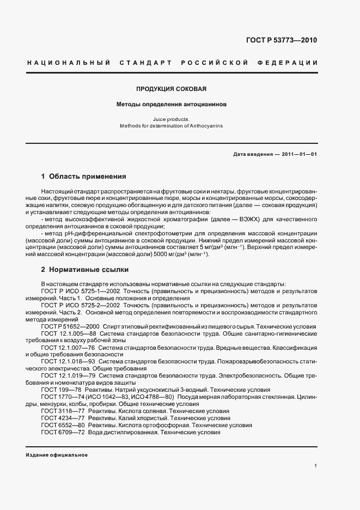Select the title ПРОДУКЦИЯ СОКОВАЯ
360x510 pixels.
pyautogui.click(x=172, y=88)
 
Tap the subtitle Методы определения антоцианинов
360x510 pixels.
pyautogui.click(x=172, y=104)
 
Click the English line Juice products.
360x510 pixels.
pyautogui.click(x=172, y=119)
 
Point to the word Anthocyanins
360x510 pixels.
pyautogui.click(x=206, y=125)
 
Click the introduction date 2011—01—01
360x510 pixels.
pyautogui.click(x=300, y=154)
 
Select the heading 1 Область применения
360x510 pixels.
pyautogui.click(x=83, y=177)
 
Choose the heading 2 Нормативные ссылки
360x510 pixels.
pyautogui.click(x=83, y=269)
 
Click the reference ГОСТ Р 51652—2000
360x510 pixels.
pyautogui.click(x=69, y=326)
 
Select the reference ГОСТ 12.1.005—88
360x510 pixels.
pyautogui.click(x=69, y=333)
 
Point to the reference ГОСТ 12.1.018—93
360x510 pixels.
pyautogui.click(x=69, y=361)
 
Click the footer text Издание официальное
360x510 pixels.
pyautogui.click(x=56, y=455)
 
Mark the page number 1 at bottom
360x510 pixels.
pyautogui.click(x=315, y=466)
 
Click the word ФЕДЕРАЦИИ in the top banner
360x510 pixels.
pyautogui.click(x=291, y=63)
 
